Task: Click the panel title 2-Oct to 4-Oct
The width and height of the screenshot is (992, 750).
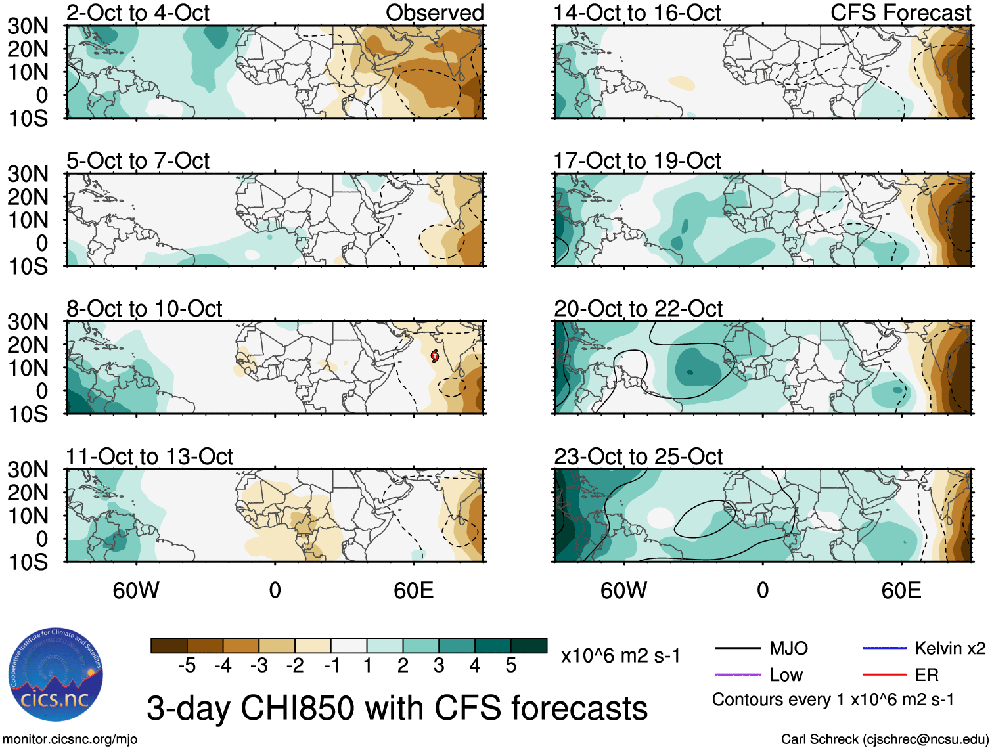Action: (138, 12)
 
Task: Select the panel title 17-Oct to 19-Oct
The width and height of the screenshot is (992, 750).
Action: (637, 161)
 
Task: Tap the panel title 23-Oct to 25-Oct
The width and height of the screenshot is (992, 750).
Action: (638, 456)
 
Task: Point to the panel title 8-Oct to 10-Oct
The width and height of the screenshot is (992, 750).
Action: (145, 309)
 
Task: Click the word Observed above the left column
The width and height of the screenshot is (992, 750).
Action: (434, 12)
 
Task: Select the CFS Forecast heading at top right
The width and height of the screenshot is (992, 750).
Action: (901, 12)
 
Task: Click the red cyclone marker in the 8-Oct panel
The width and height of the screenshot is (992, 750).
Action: (434, 356)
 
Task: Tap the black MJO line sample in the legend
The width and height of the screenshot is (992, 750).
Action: (738, 649)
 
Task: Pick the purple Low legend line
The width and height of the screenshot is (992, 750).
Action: (738, 674)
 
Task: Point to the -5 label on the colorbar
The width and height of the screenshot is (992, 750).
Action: (187, 666)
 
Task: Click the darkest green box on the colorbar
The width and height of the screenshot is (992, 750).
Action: (529, 646)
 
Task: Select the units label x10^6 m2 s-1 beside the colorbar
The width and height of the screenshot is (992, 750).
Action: (621, 656)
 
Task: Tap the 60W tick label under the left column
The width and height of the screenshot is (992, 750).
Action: (136, 590)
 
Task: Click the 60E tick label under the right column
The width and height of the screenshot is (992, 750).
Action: (901, 590)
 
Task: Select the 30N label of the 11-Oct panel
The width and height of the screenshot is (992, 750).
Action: (28, 470)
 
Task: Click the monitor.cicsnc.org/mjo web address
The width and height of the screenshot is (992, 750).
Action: (70, 739)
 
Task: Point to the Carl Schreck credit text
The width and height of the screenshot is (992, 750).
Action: (884, 739)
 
